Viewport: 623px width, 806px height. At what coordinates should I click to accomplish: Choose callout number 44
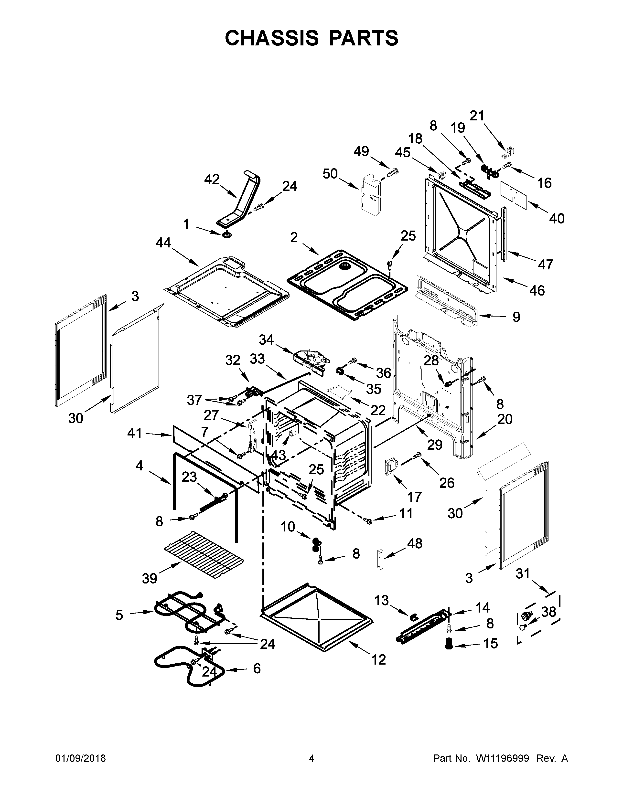(163, 243)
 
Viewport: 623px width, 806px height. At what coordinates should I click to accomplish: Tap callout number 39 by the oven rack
(150, 579)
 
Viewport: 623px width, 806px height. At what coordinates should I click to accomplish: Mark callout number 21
(476, 116)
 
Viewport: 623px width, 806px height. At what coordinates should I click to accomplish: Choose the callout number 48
(414, 544)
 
